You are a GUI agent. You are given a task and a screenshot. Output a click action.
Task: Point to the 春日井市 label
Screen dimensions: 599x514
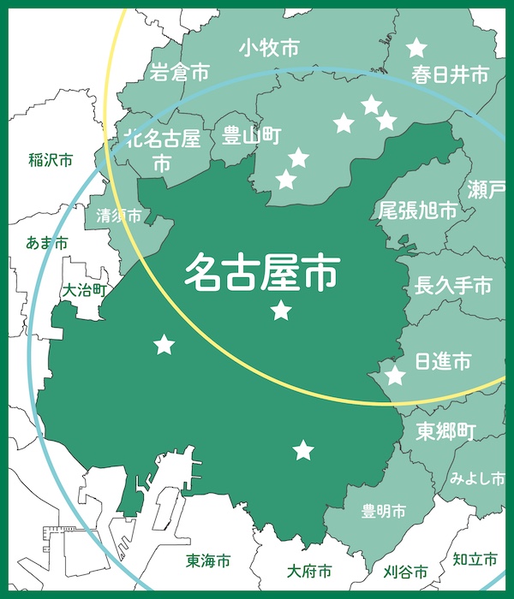[x=449, y=75]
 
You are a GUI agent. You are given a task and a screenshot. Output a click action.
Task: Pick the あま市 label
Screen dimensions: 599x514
[x=47, y=245]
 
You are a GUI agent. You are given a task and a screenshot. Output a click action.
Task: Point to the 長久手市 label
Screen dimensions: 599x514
[x=452, y=286]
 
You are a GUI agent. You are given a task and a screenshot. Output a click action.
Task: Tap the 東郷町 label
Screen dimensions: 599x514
[x=444, y=430]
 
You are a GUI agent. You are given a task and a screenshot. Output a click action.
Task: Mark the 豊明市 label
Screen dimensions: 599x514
[x=383, y=512]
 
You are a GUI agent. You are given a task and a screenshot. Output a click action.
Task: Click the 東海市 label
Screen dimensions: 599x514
[x=208, y=562]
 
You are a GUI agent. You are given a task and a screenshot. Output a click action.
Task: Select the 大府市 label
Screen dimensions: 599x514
[x=309, y=571]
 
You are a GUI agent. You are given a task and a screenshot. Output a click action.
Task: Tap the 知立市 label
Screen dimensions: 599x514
[x=475, y=560]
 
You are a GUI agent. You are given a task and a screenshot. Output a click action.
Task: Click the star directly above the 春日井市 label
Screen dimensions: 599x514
[x=416, y=48]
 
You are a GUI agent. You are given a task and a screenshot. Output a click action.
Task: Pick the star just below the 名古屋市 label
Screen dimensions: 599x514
[x=281, y=311]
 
